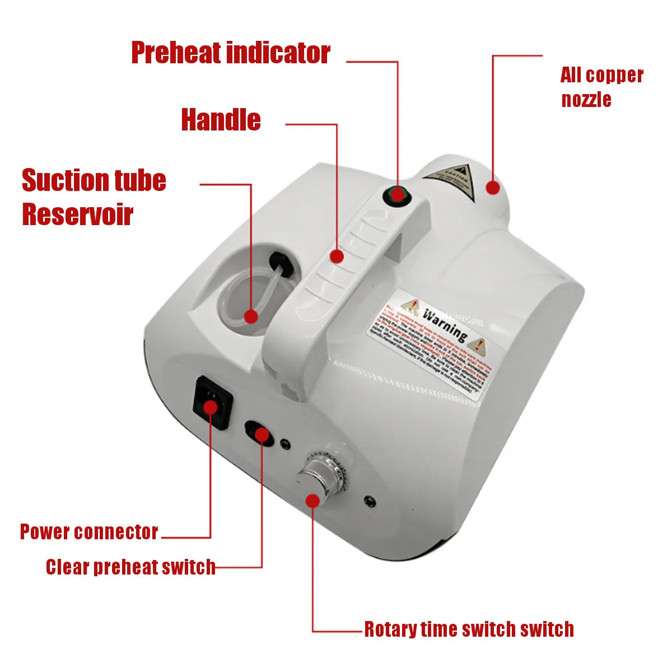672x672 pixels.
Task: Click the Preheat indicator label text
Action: tap(230, 53)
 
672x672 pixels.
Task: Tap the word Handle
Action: tap(221, 120)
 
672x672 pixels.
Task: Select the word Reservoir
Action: tap(77, 214)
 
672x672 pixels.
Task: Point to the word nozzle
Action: tap(586, 100)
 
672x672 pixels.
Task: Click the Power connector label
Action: tap(89, 531)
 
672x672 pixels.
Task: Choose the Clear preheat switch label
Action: tap(130, 567)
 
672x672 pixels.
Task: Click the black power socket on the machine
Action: tap(212, 402)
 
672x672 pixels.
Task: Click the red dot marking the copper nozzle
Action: tap(492, 188)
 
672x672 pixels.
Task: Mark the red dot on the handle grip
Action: tap(336, 256)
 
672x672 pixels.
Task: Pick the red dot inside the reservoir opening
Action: tap(251, 316)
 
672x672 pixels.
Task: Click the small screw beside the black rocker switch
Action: tap(285, 444)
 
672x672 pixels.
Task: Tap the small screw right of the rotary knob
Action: tap(369, 500)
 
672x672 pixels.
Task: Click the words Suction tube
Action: tap(94, 180)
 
